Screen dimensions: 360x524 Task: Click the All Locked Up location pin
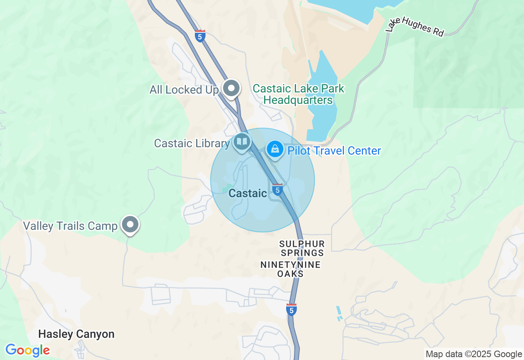click(x=231, y=88)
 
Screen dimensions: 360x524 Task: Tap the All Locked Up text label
click(x=184, y=90)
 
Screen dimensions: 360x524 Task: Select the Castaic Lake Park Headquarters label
click(x=298, y=94)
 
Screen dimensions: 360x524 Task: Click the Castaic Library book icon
click(x=242, y=142)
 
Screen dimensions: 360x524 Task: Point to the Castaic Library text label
click(x=192, y=143)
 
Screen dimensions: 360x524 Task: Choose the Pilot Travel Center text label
click(x=334, y=151)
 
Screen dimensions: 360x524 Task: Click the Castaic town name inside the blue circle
click(x=248, y=193)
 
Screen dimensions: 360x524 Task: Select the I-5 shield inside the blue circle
click(x=278, y=189)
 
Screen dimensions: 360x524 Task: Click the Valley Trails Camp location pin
click(x=131, y=224)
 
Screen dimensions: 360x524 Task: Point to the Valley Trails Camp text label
click(x=70, y=226)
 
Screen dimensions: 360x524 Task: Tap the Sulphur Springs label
click(x=302, y=248)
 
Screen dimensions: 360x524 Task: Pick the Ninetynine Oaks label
click(x=291, y=269)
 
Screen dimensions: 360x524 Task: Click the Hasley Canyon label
click(x=76, y=334)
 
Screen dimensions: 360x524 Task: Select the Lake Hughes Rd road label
click(x=415, y=26)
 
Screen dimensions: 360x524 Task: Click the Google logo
click(x=28, y=351)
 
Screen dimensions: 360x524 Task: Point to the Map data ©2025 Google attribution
click(x=474, y=354)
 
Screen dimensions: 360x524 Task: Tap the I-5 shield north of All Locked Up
click(x=200, y=36)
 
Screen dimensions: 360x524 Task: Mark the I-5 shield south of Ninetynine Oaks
click(x=291, y=310)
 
